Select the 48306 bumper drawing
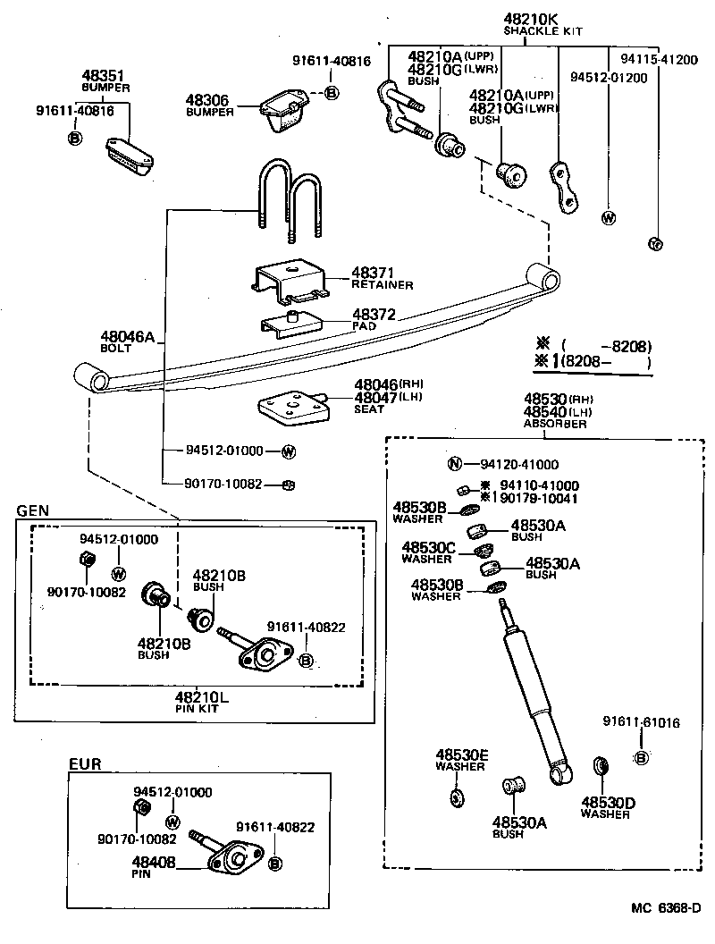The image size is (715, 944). pos(284,110)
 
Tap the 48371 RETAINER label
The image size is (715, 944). pos(382,278)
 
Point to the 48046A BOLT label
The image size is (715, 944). pos(127,342)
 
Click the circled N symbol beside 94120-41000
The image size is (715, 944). pos(454,464)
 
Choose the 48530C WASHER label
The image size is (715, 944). pos(427,552)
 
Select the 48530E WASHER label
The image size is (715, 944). pos(461,760)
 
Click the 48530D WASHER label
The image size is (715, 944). pos(608,807)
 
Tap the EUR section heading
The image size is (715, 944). pos(85,763)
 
